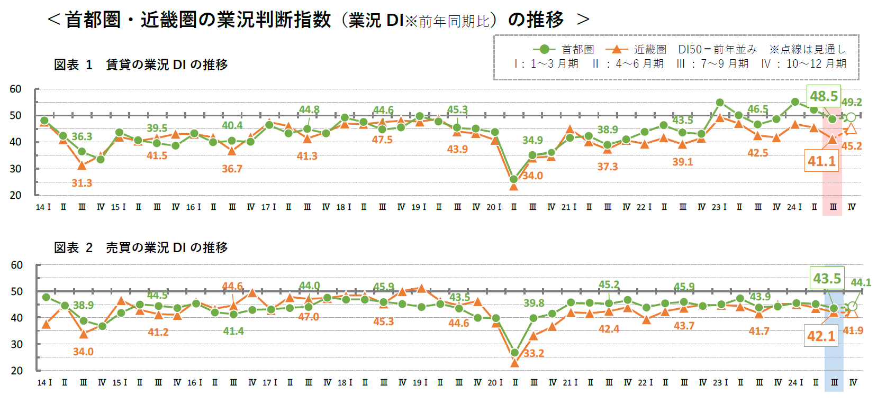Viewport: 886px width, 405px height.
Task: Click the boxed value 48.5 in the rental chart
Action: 824,96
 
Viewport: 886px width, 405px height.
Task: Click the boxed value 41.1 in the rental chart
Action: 821,161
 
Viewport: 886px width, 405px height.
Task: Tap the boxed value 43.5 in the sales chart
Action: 827,279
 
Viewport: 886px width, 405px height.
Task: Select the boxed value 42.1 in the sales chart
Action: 821,336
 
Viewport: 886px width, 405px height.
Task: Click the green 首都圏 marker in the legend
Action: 544,49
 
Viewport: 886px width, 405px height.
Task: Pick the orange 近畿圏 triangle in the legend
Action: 616,49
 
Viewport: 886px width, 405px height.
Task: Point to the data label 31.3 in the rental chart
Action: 82,183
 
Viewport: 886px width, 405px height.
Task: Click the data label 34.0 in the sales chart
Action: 83,352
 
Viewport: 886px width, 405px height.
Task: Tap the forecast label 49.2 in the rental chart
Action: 852,102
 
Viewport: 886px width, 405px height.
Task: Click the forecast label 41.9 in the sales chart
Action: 853,330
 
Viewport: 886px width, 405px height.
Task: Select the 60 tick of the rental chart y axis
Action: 16,89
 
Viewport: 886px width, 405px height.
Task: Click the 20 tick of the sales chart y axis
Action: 17,370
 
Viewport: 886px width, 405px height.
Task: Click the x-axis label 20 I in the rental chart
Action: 493,207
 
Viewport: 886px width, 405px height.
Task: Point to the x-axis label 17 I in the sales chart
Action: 270,382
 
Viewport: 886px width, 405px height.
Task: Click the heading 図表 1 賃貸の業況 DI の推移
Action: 141,65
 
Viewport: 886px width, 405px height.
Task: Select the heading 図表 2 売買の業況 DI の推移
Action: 141,247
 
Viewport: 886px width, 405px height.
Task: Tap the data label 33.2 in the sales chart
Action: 534,353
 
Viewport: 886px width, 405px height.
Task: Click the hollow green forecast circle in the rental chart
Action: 851,117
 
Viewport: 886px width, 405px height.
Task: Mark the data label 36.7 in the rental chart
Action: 232,169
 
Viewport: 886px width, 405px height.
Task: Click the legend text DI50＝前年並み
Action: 717,49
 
